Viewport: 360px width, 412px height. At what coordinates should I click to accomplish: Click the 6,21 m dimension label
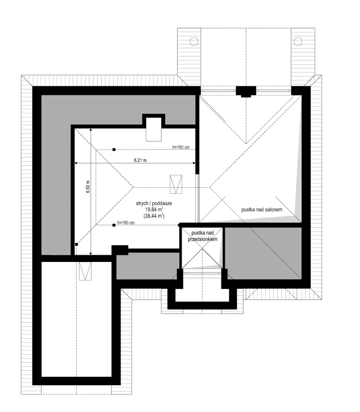[x=140, y=160]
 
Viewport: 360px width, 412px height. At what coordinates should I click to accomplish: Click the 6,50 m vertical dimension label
[x=88, y=187]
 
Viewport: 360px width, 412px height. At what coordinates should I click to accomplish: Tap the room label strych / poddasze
[x=154, y=203]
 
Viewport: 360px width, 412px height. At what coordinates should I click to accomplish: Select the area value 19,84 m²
[x=154, y=209]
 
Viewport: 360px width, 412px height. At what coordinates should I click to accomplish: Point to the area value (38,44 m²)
[x=154, y=216]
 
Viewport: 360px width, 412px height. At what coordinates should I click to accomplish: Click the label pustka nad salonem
[x=262, y=209]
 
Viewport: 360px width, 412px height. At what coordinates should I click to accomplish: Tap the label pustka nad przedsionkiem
[x=202, y=236]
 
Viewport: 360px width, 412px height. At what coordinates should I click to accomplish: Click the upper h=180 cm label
[x=181, y=147]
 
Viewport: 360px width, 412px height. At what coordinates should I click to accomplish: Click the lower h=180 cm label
[x=126, y=223]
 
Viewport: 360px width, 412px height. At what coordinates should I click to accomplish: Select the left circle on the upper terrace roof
[x=194, y=41]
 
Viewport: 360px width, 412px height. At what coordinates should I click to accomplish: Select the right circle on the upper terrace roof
[x=298, y=41]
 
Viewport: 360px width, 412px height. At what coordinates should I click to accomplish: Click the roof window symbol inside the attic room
[x=176, y=185]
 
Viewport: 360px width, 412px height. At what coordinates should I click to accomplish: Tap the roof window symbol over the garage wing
[x=85, y=271]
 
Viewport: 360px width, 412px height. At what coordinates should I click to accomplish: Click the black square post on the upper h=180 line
[x=114, y=150]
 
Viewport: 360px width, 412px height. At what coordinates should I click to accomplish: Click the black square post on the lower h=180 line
[x=114, y=225]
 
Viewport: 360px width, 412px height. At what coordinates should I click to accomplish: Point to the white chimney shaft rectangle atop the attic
[x=154, y=129]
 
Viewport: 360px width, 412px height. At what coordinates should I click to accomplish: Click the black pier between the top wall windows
[x=246, y=91]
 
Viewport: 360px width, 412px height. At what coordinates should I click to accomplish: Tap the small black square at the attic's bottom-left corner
[x=76, y=244]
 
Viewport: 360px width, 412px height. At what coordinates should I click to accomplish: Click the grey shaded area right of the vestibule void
[x=263, y=253]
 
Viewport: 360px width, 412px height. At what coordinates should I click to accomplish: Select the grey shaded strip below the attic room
[x=148, y=266]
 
